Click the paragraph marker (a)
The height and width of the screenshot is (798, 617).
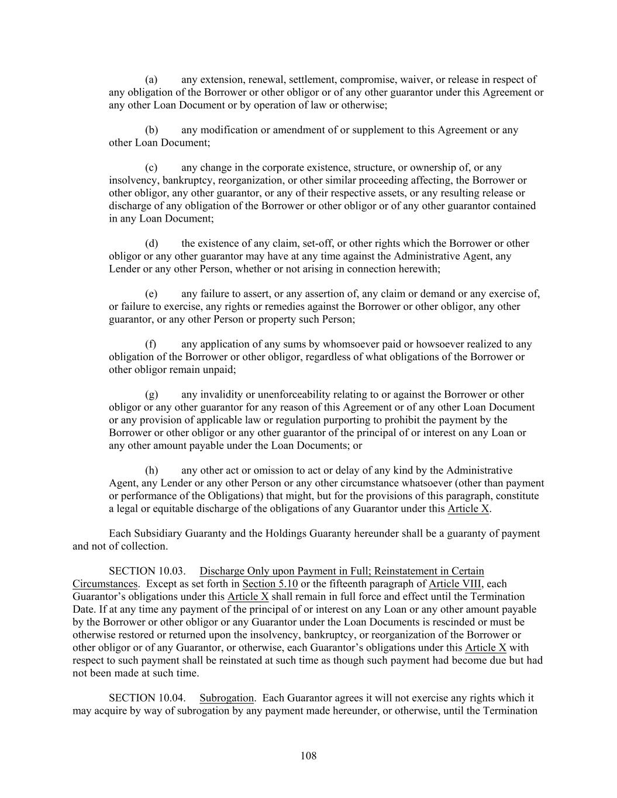[151, 80]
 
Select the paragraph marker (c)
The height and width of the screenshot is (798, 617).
[151, 168]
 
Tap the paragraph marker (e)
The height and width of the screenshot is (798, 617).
[151, 294]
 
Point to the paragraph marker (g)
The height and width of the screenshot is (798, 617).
[151, 395]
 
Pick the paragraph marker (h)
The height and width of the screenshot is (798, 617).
[151, 471]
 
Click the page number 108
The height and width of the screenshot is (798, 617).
[308, 756]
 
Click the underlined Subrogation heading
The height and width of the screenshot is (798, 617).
[226, 698]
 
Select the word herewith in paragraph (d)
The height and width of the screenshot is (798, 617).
[419, 269]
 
